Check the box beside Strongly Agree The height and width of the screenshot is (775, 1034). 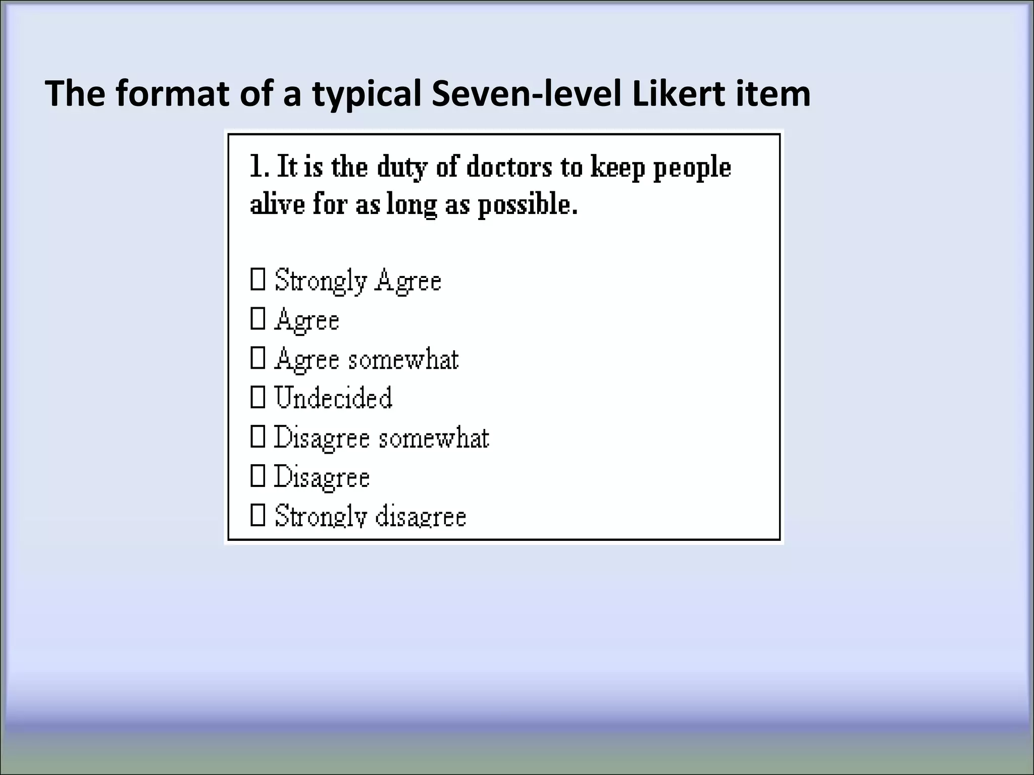(257, 280)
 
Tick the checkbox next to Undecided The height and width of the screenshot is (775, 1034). (257, 398)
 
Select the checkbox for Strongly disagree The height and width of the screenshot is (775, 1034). (257, 516)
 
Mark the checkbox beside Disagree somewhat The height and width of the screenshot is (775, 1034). (257, 437)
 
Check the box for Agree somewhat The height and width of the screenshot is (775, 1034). (257, 359)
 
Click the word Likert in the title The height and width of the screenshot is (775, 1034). (677, 94)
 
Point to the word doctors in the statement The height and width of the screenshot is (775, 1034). (509, 167)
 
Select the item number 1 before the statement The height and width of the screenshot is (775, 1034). (257, 167)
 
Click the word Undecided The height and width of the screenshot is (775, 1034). (333, 398)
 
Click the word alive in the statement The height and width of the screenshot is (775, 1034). (277, 205)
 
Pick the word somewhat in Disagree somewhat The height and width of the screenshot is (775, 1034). (434, 437)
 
